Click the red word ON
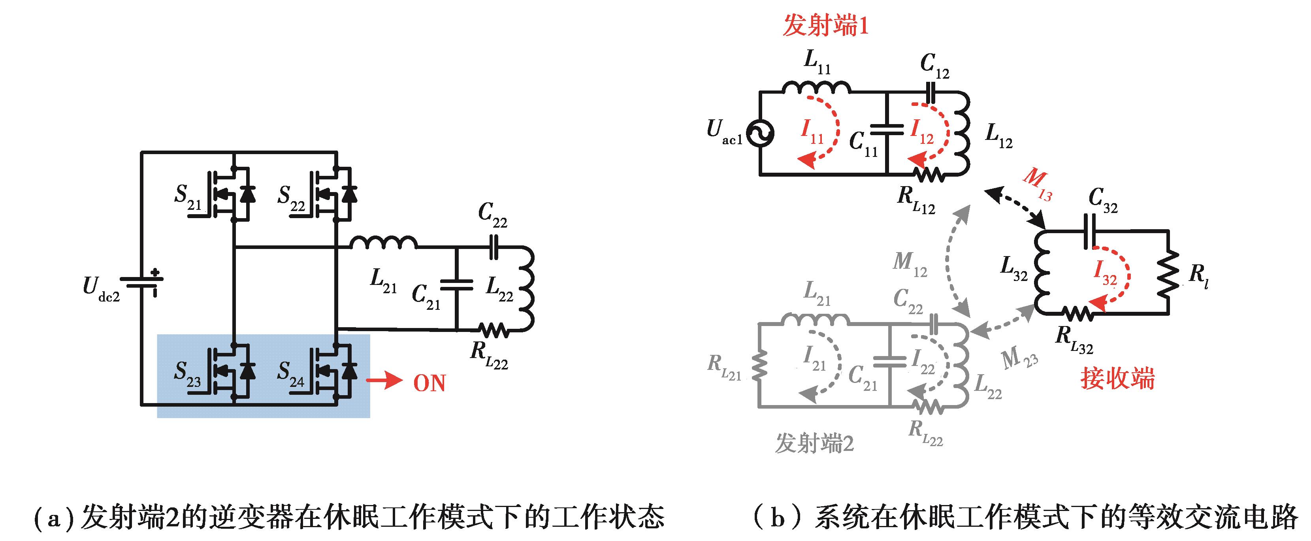429,383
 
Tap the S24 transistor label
290,374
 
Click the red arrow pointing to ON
384,381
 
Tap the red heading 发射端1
825,25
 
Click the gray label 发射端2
814,443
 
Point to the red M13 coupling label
1037,184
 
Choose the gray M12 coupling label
910,265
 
